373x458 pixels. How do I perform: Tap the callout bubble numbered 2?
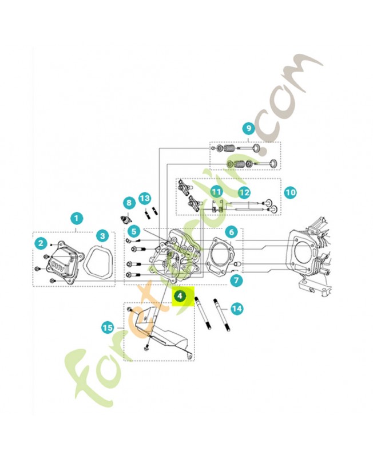click(41, 243)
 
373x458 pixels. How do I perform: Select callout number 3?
click(102, 235)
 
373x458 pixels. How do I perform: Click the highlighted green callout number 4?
click(180, 297)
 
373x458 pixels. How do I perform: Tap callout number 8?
click(129, 203)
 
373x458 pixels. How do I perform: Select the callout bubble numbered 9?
click(249, 128)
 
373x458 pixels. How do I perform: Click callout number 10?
click(290, 192)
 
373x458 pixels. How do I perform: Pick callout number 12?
click(244, 192)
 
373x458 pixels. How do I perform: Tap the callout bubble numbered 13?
click(145, 198)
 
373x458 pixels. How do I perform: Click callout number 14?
click(236, 309)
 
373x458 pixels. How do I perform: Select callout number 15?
click(108, 327)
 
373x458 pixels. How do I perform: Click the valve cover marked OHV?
click(59, 264)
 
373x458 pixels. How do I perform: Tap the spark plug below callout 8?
click(126, 219)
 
